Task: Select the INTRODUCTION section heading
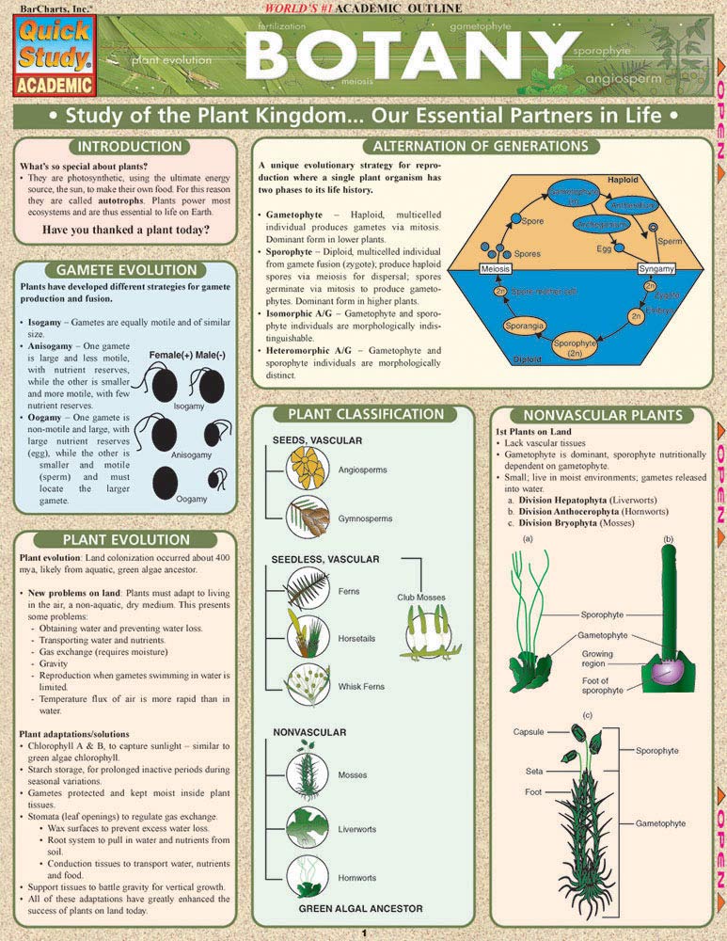pyautogui.click(x=129, y=148)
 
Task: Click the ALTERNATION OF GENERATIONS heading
pyautogui.click(x=480, y=147)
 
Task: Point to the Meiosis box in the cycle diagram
pyautogui.click(x=496, y=269)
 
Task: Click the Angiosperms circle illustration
pyautogui.click(x=307, y=466)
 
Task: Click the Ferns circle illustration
pyautogui.click(x=307, y=591)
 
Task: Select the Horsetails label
pyautogui.click(x=358, y=639)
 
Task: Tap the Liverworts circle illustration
pyautogui.click(x=307, y=828)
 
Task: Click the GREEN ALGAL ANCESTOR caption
pyautogui.click(x=360, y=909)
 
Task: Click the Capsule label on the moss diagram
pyautogui.click(x=528, y=731)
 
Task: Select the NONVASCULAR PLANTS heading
pyautogui.click(x=601, y=414)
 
